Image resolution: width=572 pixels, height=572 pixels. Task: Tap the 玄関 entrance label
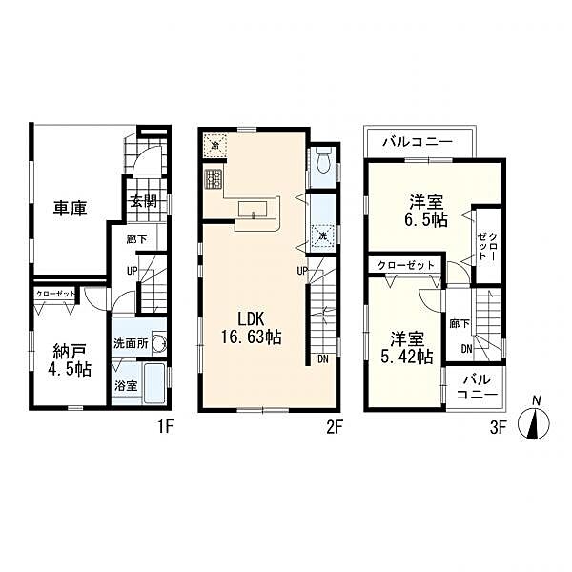[144, 201]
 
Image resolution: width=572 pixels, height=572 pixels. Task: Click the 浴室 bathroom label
[126, 387]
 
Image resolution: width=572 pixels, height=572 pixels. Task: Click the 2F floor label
[334, 426]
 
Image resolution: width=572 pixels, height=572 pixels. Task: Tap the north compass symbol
[535, 422]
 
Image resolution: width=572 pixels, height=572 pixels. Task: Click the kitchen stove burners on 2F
[212, 177]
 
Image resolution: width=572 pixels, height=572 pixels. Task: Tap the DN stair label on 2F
[324, 358]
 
